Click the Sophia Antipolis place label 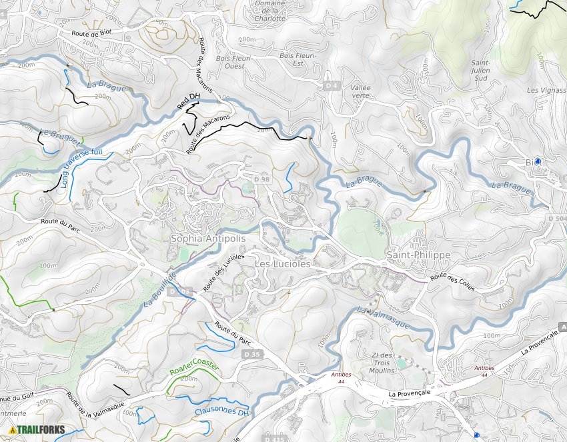click(208, 239)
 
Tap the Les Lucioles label click(283, 264)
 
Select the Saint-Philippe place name click(418, 255)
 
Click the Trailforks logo click(37, 430)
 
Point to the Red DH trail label click(188, 102)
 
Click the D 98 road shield click(262, 179)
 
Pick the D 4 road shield click(332, 85)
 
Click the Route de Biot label click(91, 33)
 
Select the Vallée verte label click(360, 91)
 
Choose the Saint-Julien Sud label click(480, 70)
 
